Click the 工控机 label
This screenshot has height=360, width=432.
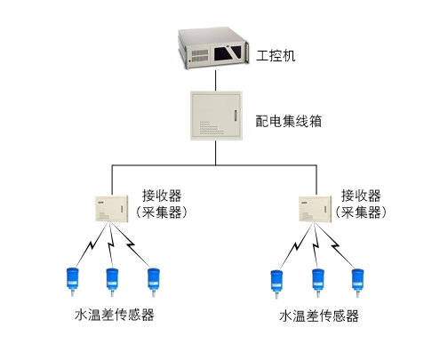click(x=276, y=56)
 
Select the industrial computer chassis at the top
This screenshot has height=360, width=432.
click(x=213, y=48)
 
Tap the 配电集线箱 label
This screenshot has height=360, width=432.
click(x=289, y=121)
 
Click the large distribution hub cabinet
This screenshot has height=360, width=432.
click(x=216, y=116)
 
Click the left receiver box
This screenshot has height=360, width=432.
click(x=112, y=209)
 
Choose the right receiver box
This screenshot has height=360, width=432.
click(x=315, y=209)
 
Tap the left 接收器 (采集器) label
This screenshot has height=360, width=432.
click(x=162, y=204)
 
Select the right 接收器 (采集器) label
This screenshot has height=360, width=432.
click(x=361, y=204)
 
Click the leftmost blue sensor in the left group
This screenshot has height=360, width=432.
click(x=73, y=282)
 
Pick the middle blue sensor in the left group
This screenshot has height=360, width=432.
click(x=112, y=282)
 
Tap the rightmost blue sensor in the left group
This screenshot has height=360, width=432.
click(x=154, y=282)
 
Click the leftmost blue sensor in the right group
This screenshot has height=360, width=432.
click(x=276, y=284)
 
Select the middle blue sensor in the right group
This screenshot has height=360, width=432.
click(x=318, y=283)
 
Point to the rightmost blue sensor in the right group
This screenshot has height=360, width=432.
click(x=357, y=283)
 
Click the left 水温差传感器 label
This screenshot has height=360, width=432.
click(x=115, y=315)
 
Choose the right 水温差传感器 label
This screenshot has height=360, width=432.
click(x=319, y=316)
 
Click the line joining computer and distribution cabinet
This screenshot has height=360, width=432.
click(x=215, y=80)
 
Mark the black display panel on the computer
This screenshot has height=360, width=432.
click(x=228, y=53)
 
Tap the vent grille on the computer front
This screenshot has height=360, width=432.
click(x=199, y=56)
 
